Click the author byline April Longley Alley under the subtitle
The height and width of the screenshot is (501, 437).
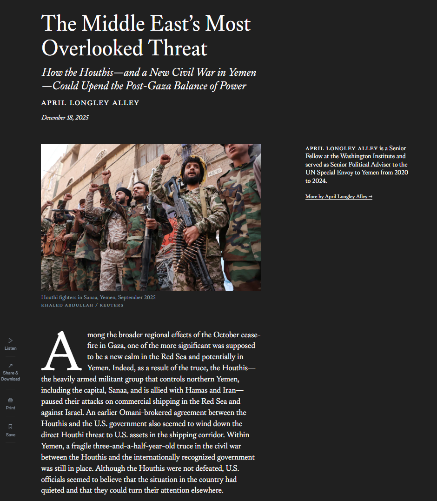click(x=90, y=103)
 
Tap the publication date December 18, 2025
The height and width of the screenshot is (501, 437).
click(x=65, y=117)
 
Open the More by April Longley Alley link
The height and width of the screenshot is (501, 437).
click(x=338, y=197)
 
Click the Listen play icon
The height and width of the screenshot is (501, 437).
click(x=11, y=341)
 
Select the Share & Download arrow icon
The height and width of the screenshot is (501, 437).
click(x=11, y=366)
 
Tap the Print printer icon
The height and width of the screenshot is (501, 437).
click(x=11, y=400)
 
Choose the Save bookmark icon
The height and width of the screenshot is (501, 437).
click(x=11, y=427)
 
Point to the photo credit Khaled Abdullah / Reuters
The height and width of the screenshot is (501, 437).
click(x=82, y=305)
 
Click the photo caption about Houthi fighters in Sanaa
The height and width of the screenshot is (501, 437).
click(x=98, y=297)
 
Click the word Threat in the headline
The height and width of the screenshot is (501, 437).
click(x=178, y=48)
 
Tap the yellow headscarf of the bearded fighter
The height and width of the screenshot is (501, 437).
click(x=195, y=162)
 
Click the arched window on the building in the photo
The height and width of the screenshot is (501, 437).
click(x=100, y=156)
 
